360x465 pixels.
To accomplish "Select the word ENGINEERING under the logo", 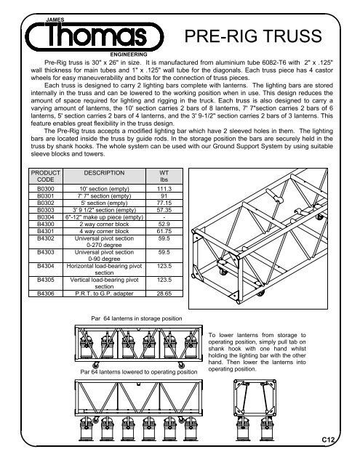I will [128, 54].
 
